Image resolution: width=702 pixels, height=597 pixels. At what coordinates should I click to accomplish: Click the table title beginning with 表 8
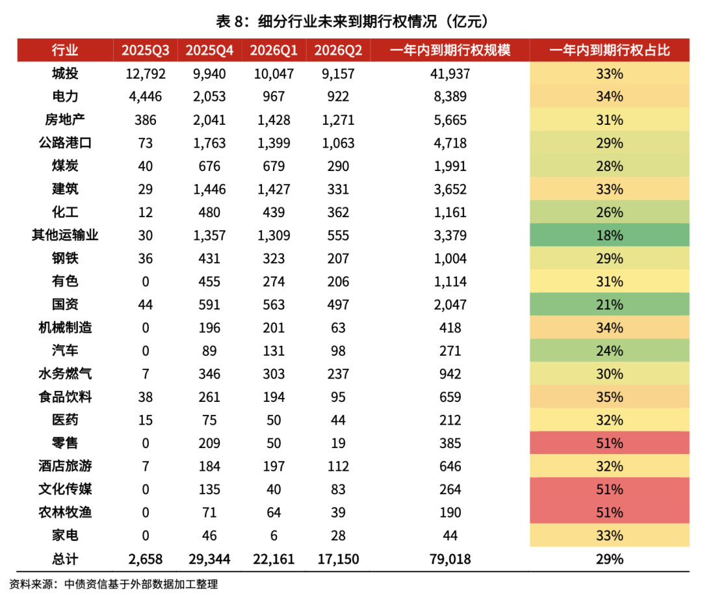coord(352,21)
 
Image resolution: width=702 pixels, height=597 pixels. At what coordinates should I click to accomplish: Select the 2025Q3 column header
coord(145,51)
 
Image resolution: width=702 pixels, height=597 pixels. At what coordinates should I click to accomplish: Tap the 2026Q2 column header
coord(338,51)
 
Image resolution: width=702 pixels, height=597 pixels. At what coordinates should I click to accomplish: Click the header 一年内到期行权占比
coord(609,51)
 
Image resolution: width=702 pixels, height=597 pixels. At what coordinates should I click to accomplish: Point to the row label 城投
coord(65,73)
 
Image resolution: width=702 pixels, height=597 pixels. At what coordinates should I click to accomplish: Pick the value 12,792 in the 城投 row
coord(145,73)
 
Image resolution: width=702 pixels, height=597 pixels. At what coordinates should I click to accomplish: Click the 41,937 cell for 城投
coord(450,73)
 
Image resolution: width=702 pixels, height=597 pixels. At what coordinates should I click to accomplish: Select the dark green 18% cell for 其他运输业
coord(609,235)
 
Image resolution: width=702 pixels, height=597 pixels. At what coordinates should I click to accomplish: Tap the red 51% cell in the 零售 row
coord(609,443)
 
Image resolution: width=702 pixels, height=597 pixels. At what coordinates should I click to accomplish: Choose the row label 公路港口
coord(65,143)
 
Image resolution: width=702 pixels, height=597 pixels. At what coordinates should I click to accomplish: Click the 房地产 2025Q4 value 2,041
coord(209,120)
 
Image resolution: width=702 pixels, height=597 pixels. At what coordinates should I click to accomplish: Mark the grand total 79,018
coord(450,559)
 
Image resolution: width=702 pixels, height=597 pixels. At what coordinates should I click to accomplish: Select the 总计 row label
coord(65,559)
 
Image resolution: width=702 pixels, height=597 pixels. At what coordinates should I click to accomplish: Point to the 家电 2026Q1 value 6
coord(274,535)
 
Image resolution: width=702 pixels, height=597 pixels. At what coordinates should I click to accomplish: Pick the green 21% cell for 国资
coord(609,304)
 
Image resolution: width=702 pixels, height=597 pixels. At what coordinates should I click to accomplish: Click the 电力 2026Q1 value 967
coord(274,97)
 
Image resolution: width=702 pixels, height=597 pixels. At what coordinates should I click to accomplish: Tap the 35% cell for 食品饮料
coord(609,397)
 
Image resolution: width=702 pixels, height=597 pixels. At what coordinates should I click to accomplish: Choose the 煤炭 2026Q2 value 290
coord(338,166)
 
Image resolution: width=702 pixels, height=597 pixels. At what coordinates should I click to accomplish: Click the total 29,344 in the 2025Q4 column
coord(209,559)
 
